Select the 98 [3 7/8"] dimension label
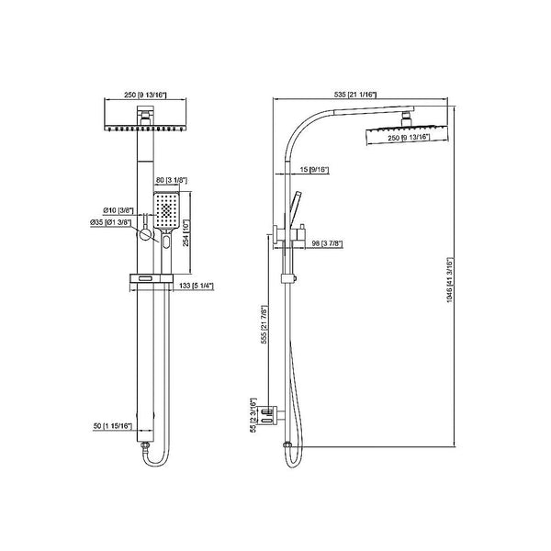(327, 242)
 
